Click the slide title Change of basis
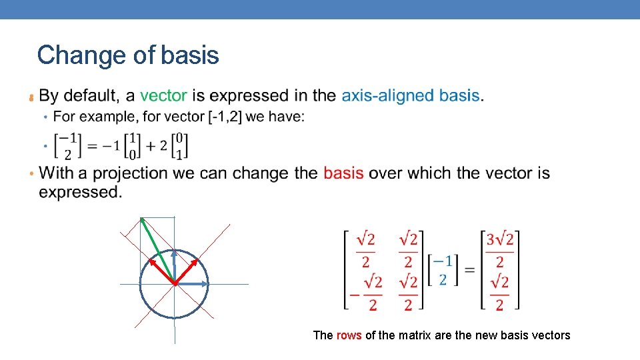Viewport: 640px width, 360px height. pos(128,55)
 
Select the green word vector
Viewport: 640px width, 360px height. pos(163,95)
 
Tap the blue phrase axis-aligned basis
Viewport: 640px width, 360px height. pos(411,95)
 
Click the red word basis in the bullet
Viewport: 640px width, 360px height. pos(343,173)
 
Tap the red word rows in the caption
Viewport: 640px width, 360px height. pos(349,335)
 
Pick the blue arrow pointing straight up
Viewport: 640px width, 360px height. pos(174,265)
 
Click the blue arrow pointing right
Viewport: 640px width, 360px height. pos(193,284)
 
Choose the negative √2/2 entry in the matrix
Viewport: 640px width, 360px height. pos(367,293)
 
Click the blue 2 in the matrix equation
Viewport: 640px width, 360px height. pos(443,279)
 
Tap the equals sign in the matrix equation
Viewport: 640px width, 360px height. pos(469,270)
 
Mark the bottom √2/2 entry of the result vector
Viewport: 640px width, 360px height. pos(500,293)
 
